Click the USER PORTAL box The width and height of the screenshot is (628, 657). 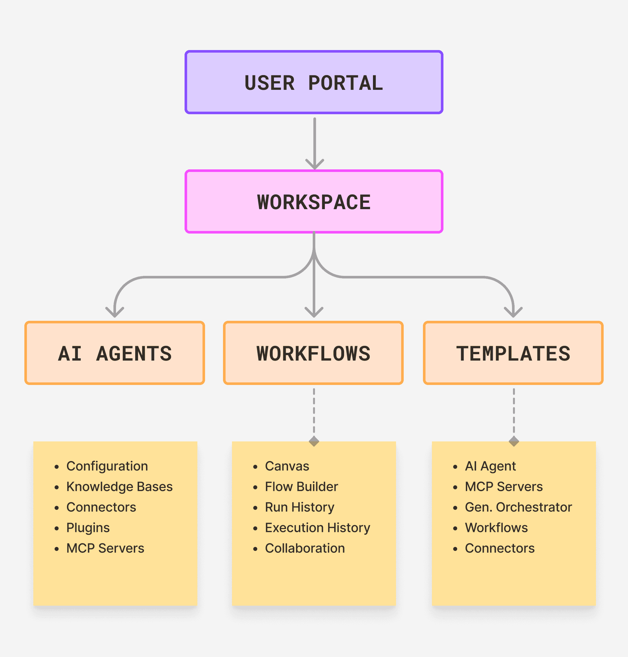point(314,82)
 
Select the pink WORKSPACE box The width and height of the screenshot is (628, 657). point(314,201)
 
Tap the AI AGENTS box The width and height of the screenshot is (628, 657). point(115,353)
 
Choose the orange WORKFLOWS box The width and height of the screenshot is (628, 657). point(313,353)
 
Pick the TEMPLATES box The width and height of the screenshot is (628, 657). point(513,353)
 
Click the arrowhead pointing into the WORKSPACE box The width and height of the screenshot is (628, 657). point(315,165)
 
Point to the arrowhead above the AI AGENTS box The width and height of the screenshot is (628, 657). point(115,312)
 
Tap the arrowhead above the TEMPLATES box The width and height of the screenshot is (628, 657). point(513,312)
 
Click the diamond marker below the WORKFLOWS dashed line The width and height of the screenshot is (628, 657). point(314,441)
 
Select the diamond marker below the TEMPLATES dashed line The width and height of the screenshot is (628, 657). point(514,441)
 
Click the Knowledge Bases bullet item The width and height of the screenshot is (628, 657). point(120,487)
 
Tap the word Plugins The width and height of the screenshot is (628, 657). point(88,528)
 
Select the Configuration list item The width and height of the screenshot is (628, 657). point(107,466)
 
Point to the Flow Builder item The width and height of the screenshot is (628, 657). point(302,487)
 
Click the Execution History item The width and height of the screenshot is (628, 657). point(318,528)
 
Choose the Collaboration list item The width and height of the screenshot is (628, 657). point(305,548)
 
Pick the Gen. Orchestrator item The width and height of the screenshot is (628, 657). point(518,507)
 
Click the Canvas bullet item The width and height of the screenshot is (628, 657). point(287,466)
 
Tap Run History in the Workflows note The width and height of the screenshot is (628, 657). point(300,508)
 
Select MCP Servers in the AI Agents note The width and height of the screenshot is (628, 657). point(105,548)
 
